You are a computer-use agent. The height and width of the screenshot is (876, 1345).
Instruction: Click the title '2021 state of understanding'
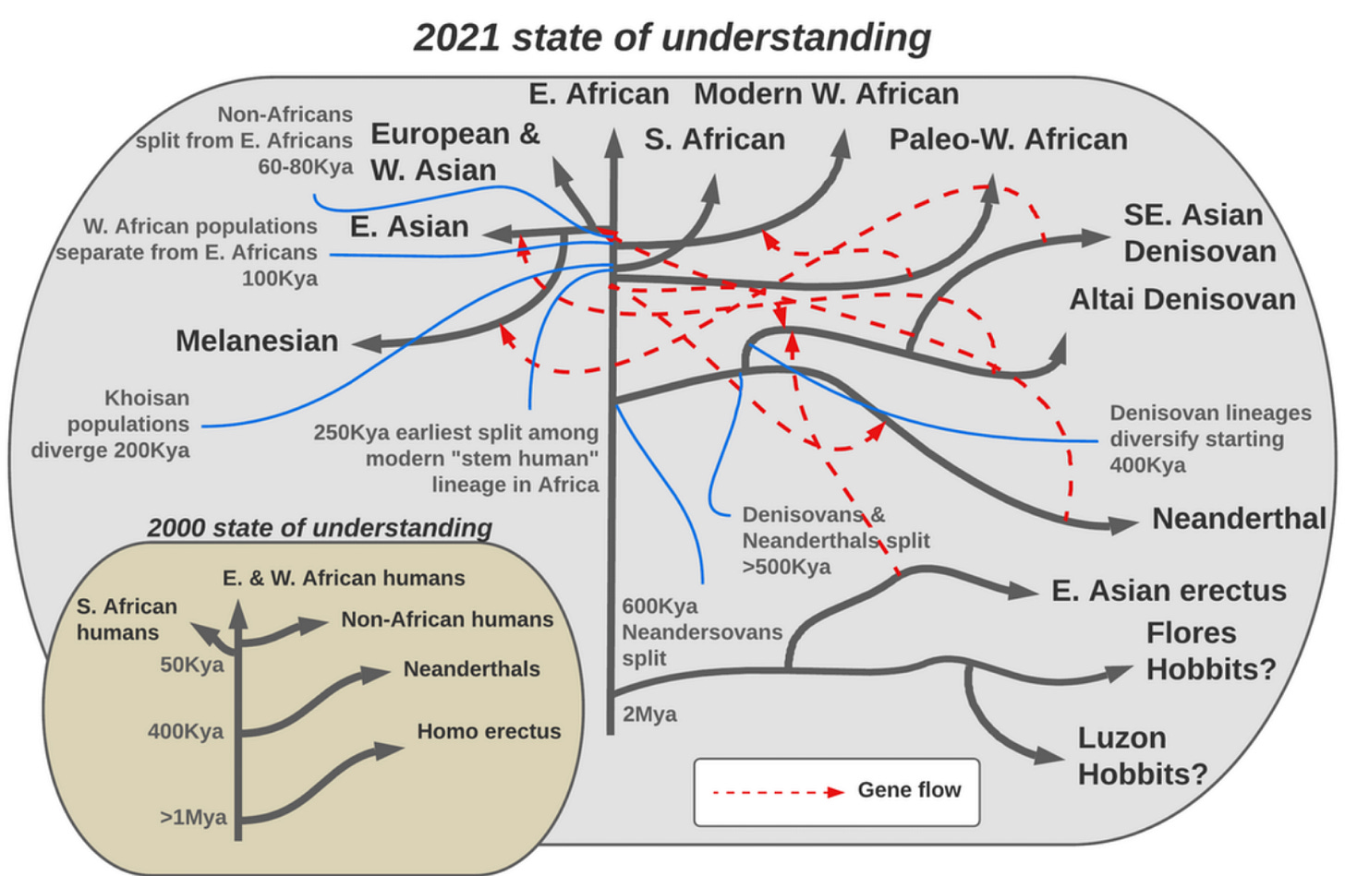(x=672, y=38)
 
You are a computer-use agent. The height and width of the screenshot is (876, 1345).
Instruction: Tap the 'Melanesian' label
(x=257, y=341)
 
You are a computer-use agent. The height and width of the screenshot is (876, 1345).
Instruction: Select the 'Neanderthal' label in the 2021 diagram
(x=1238, y=519)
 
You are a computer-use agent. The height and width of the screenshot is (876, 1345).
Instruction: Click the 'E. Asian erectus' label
(x=1169, y=591)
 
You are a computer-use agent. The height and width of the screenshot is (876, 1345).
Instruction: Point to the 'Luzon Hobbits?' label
(x=1142, y=755)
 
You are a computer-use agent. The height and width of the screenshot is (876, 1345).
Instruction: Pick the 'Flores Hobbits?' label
(x=1210, y=651)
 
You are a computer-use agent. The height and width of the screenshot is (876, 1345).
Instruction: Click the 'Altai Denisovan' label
(x=1181, y=299)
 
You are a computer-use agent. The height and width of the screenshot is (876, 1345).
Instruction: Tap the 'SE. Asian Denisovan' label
(x=1199, y=233)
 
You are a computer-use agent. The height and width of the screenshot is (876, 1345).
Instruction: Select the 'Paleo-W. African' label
(x=1008, y=139)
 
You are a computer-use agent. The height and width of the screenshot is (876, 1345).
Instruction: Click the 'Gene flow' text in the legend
(x=909, y=790)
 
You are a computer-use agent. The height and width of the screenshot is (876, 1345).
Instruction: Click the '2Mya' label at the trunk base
(x=649, y=714)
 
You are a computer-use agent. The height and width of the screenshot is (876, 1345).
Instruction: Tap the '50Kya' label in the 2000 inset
(x=191, y=665)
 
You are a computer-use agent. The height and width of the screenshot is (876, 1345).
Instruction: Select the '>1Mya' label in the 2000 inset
(x=192, y=817)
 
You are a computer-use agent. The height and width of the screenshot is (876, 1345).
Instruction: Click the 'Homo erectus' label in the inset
(x=489, y=731)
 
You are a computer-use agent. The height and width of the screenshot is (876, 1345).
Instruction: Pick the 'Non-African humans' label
(x=447, y=619)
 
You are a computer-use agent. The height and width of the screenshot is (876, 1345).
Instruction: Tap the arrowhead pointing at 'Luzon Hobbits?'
(x=1049, y=755)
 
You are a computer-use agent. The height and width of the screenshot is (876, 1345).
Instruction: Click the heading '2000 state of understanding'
(x=319, y=527)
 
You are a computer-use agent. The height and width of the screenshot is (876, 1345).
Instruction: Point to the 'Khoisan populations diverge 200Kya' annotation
(x=111, y=424)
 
